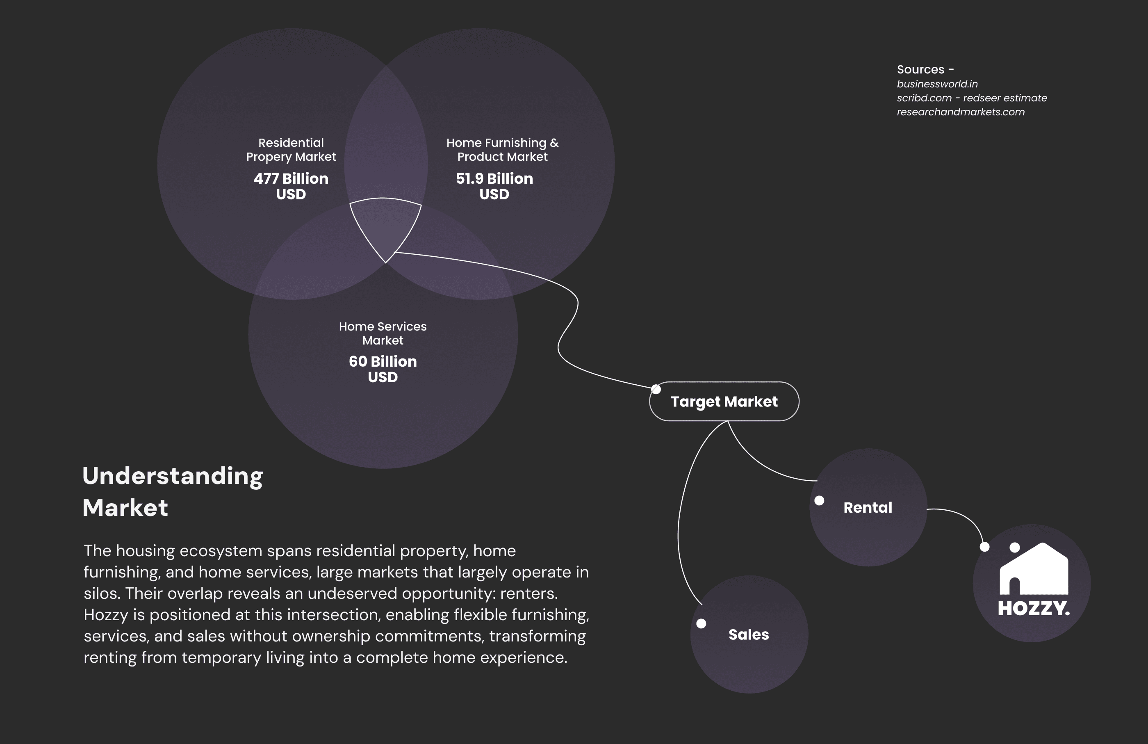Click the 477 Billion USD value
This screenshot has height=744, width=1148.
pos(291,186)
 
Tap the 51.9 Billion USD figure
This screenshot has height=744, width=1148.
pos(494,186)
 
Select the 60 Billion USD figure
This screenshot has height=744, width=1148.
pos(383,369)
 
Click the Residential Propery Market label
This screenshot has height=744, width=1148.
pos(291,150)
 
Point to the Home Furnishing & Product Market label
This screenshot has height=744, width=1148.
pos(502,150)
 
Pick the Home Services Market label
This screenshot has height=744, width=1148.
pos(383,333)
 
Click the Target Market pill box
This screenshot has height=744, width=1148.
pos(724,402)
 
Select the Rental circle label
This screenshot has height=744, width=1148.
pos(868,508)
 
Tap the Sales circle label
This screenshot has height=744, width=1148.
pos(749,634)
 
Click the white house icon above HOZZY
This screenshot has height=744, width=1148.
pos(1034,569)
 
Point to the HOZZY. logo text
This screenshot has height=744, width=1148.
pos(1033,609)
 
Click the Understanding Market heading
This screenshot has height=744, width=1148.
pos(172,491)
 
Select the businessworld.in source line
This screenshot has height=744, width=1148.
pos(937,84)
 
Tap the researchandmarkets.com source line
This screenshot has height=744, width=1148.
pos(960,112)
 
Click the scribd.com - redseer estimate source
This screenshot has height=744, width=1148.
pos(971,98)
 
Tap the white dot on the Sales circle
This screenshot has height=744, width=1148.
pos(702,623)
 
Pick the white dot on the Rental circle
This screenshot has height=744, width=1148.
pos(819,500)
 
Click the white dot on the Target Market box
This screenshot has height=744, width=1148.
pos(656,389)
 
